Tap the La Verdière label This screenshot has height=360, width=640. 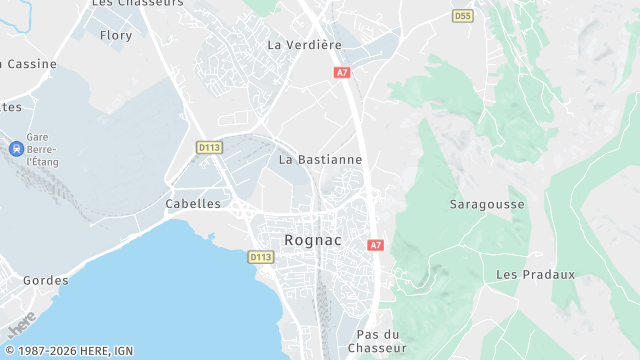pos(305,45)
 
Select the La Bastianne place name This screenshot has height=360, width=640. pos(320,159)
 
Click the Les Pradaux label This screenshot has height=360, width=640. pos(536,274)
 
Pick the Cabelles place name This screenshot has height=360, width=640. pos(192,203)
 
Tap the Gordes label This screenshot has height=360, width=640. pos(46,281)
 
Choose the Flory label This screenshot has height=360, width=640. pos(116,35)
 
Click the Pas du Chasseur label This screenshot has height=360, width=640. pos(377,341)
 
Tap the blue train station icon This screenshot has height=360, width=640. pos(16,149)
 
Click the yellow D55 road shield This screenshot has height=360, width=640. pos(462,16)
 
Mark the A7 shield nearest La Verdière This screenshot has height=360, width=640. pos(342,73)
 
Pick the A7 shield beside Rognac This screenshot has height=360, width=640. pos(375,245)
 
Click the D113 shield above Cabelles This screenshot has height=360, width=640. pos(209,147)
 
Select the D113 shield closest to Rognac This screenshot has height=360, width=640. pos(260,257)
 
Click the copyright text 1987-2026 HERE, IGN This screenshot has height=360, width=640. pos(67,351)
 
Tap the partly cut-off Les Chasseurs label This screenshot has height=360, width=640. pos(131,4)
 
